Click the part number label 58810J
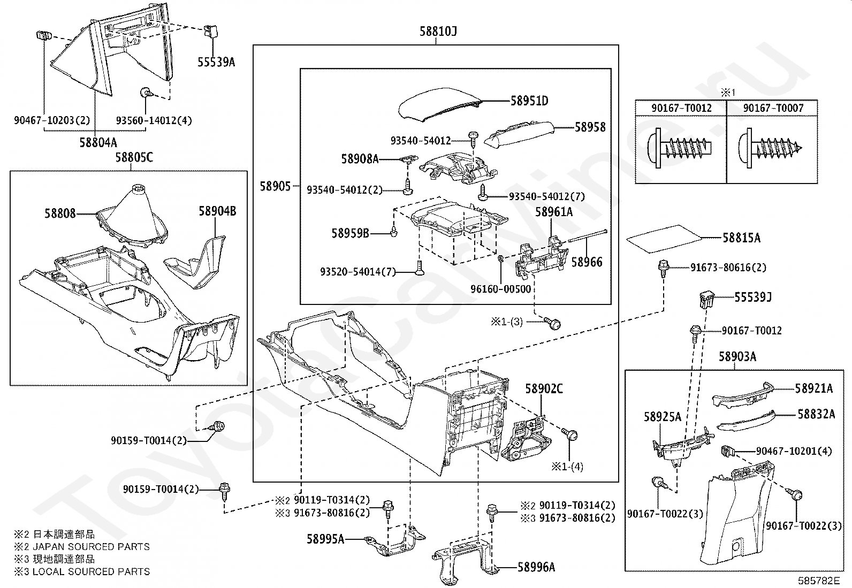[438, 31]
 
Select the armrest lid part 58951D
[440, 104]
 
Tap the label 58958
[590, 127]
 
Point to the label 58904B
[218, 211]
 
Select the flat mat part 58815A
[664, 239]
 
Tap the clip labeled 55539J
[707, 300]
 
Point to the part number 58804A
[98, 143]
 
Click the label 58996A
[536, 568]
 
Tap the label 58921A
[814, 388]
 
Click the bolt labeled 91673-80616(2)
[663, 268]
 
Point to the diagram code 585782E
[818, 581]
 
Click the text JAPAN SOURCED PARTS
[92, 547]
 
